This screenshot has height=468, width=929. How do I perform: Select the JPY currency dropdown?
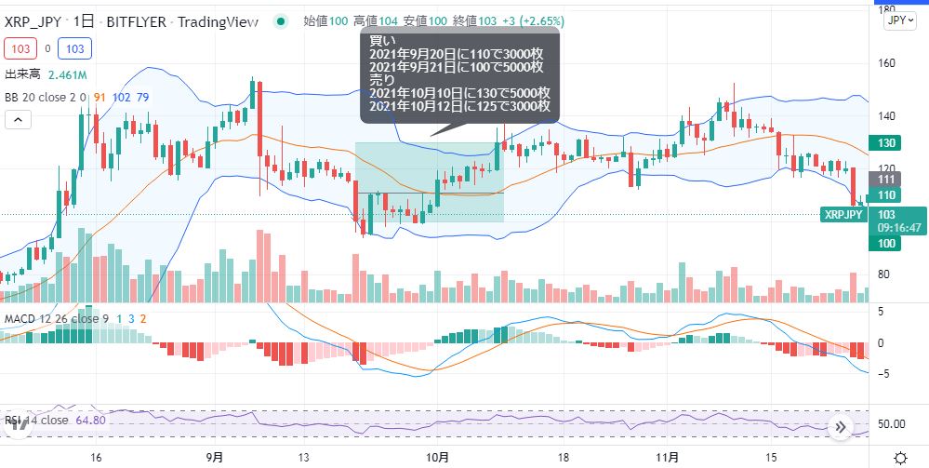(897, 20)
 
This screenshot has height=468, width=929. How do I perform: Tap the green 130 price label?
(886, 142)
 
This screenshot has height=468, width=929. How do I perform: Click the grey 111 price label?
(886, 180)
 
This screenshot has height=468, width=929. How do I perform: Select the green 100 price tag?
(886, 243)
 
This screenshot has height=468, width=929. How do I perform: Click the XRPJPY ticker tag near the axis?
(843, 215)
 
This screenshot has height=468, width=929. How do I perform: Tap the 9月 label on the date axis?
(214, 457)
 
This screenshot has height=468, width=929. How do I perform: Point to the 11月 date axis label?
(667, 457)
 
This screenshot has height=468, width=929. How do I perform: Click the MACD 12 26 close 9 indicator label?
(56, 319)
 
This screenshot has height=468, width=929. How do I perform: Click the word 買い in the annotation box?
(380, 40)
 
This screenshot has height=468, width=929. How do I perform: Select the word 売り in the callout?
(380, 80)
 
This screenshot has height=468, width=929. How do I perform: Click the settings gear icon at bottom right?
(899, 457)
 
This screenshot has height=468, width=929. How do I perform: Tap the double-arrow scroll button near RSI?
(840, 427)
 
